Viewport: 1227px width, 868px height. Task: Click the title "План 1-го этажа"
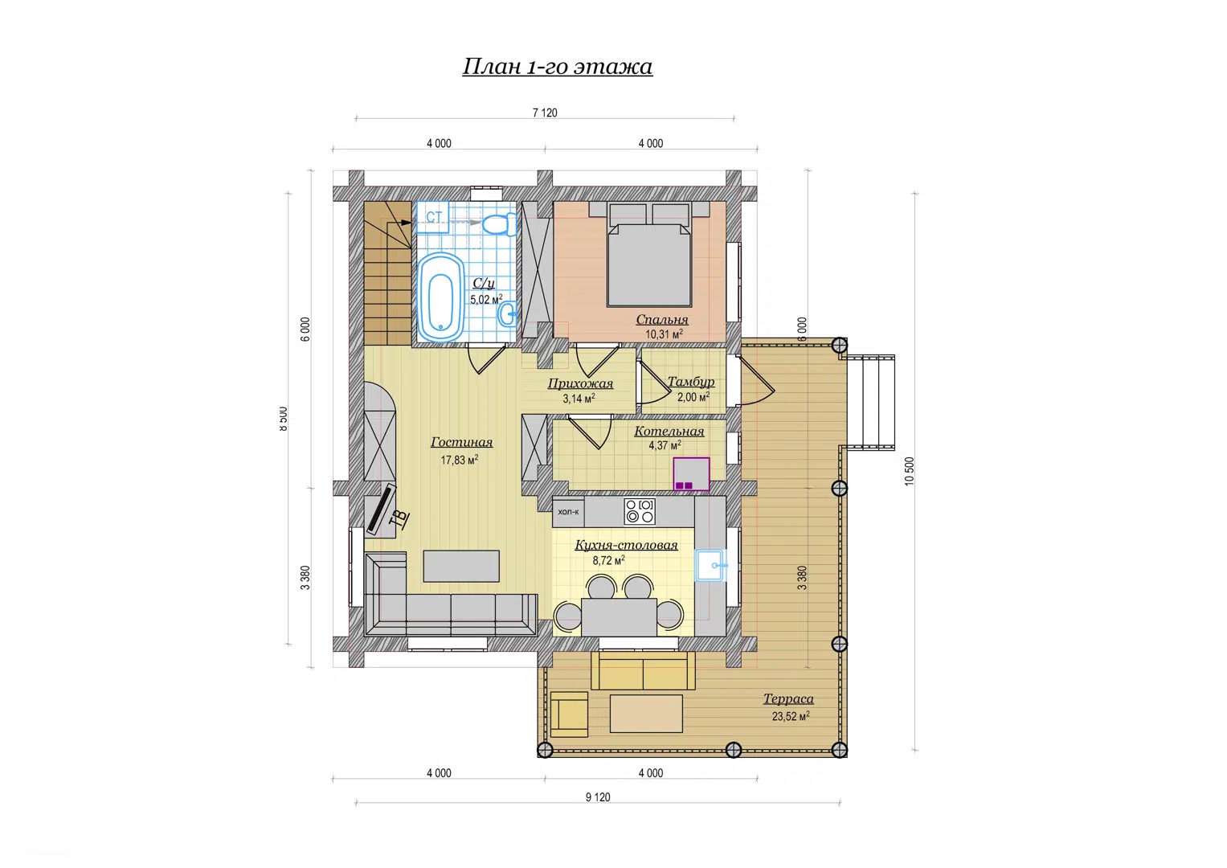point(558,67)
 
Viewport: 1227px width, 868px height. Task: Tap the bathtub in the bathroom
point(440,297)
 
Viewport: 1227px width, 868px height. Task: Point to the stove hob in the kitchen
point(640,510)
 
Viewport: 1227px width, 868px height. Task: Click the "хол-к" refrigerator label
point(568,511)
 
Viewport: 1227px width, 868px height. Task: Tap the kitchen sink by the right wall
point(710,565)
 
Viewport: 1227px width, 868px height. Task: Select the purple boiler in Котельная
point(691,474)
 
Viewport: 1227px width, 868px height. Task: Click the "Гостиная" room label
point(462,442)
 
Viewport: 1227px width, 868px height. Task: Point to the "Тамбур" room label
point(691,382)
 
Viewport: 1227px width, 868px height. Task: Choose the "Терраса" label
point(788,698)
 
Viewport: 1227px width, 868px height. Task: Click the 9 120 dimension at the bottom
point(598,797)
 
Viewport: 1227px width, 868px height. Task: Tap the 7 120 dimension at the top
point(545,113)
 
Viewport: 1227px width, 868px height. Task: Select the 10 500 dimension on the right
point(910,471)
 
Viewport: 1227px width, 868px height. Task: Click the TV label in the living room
point(400,518)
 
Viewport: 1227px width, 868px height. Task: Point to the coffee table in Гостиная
point(461,566)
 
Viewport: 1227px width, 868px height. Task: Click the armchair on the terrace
point(569,714)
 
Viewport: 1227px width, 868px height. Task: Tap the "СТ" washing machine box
point(433,217)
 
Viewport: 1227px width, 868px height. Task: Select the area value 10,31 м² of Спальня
point(664,334)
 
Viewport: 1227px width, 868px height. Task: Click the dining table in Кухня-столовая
point(619,617)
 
